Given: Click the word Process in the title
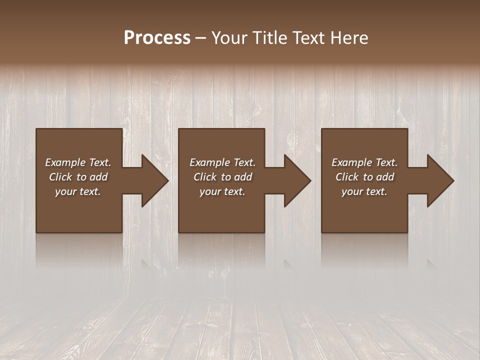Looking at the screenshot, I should pos(157,38).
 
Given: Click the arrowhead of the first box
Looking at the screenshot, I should pos(154,181).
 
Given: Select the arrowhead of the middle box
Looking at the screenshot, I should pos(297,181).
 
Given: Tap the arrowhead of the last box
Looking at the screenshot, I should pos(440,181).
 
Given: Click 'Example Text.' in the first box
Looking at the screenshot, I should pos(78,162).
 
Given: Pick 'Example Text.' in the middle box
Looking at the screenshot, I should pos(222,162).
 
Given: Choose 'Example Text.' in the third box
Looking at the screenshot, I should pos(364,162).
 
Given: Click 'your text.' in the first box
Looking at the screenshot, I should pos(78,191).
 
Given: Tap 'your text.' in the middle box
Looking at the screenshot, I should pos(222,191).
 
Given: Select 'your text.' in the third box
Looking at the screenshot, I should pos(364,191).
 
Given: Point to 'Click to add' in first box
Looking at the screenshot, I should pos(78,177).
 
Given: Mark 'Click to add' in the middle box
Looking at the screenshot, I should pos(222,177).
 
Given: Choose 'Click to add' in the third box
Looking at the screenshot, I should pos(364,177).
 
